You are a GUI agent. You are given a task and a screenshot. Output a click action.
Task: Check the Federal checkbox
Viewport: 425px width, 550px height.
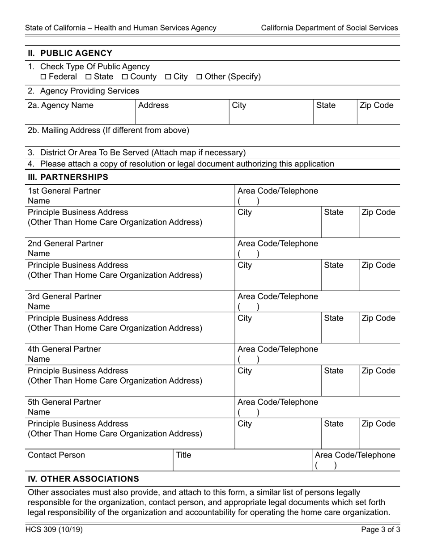point(43,77)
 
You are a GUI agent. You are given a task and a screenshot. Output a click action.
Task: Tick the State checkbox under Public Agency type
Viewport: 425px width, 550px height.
point(88,77)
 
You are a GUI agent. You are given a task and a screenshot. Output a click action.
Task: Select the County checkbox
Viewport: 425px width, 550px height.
point(125,77)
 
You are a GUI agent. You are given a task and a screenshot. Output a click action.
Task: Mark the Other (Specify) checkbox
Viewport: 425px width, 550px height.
point(200,77)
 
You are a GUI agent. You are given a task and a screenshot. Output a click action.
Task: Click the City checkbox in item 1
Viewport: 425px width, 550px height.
point(168,77)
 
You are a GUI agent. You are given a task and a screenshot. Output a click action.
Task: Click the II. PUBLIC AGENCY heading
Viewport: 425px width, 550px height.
point(70,53)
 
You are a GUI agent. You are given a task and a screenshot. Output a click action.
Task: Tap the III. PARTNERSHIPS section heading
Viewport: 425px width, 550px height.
point(68,177)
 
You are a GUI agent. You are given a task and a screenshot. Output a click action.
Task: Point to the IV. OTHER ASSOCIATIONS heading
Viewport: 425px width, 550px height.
point(83,479)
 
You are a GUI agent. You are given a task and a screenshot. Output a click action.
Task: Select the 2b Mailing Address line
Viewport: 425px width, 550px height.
point(108,131)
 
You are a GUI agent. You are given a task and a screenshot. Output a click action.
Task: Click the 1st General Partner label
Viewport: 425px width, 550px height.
point(64,191)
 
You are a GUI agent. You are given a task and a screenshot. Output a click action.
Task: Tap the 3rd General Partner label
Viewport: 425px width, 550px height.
point(64,296)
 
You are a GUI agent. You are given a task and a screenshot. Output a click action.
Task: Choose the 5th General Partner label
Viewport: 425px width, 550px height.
point(64,402)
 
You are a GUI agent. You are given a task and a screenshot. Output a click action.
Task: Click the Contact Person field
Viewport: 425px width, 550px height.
point(56,455)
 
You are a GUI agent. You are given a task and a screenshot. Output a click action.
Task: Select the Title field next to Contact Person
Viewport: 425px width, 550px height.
point(183,455)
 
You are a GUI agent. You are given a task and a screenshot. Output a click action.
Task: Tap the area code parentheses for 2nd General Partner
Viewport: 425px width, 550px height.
point(248,254)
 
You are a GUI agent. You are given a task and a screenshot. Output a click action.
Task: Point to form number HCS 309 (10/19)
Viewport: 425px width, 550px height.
point(54,530)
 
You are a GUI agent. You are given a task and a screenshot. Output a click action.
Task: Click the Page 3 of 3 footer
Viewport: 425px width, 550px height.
point(380,530)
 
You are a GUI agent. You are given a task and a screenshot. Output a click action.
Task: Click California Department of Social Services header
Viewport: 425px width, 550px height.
point(329,28)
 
